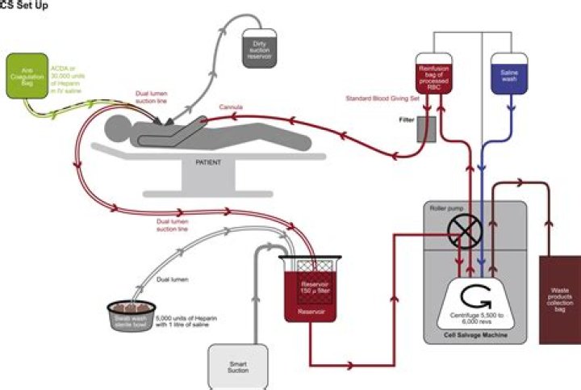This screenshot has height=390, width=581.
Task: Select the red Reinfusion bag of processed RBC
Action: tap(435, 75)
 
